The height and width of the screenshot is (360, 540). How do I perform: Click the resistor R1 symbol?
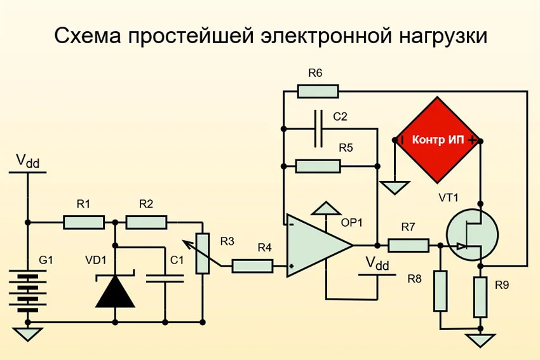pos(84,222)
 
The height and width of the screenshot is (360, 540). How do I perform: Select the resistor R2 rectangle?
pos(146,222)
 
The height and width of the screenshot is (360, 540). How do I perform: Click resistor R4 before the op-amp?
pos(252,266)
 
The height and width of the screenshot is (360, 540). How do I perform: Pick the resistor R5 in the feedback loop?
pos(318,166)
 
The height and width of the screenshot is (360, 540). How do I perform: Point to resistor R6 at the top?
pos(318,91)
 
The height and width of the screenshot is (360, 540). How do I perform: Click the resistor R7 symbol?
pos(408,244)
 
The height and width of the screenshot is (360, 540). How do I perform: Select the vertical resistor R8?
pos(440,291)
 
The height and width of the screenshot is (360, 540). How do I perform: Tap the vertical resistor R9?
pos(481,297)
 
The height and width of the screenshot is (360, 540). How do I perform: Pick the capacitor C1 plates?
pos(165,277)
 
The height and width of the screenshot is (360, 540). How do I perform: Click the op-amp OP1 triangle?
pos(316,245)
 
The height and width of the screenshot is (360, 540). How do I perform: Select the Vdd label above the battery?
pos(27,162)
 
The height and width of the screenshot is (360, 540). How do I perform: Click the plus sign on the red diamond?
pos(473,140)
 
